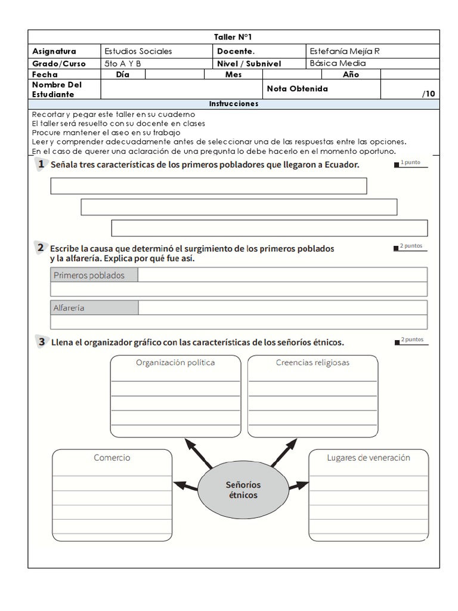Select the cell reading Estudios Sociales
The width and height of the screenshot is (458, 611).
pos(138,51)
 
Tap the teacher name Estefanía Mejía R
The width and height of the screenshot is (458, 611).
pos(345,51)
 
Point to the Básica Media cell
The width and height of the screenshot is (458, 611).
pos(338,63)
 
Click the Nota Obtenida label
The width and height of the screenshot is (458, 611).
pos(297,89)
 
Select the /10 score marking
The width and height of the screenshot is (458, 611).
pos(428,94)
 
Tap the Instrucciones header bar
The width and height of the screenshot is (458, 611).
pos(233,104)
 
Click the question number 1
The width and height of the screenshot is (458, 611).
pos(39,164)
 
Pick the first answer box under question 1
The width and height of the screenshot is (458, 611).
pos(209,186)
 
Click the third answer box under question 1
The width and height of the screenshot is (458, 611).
pos(269,229)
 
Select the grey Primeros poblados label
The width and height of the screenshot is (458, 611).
pos(89,275)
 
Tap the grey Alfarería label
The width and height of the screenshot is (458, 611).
pos(69,308)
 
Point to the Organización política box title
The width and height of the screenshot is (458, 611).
pos(175,362)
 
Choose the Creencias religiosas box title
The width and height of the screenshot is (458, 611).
pos(312,362)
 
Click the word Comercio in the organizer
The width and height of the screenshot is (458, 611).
pos(112,458)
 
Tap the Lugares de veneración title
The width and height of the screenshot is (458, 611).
pos(369,458)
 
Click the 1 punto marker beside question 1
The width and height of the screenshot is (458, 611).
pos(410,163)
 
